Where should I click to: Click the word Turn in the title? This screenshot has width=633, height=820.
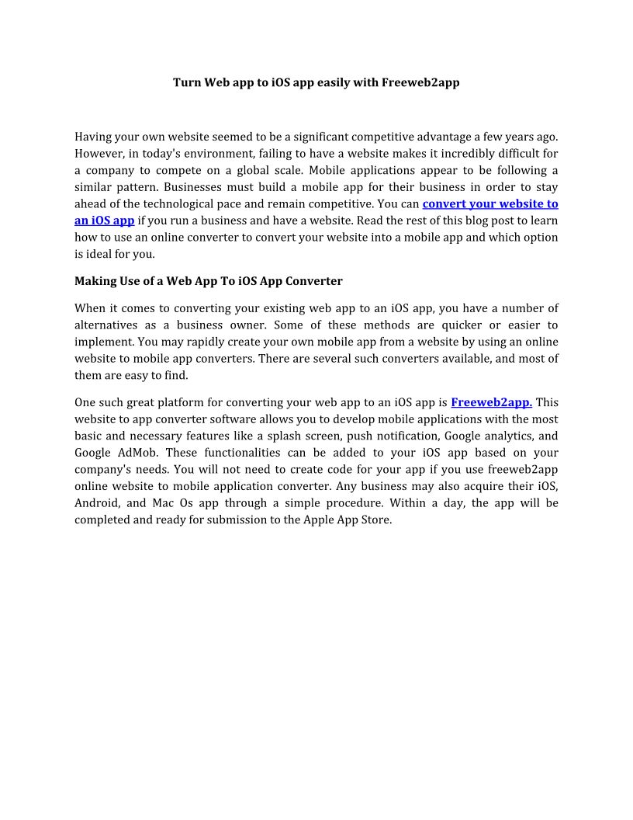186,82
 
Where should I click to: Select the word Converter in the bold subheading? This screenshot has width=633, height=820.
314,280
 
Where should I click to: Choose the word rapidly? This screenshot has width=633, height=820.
180,342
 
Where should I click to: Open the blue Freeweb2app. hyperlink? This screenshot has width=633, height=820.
491,402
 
